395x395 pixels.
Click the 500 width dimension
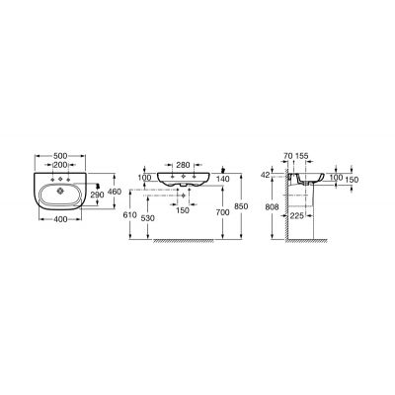[60, 156]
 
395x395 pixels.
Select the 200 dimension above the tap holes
[60, 165]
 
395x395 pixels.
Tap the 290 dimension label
[97, 195]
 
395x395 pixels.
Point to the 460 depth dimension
[115, 192]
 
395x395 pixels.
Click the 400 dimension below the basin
[60, 218]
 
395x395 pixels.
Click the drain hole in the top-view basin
[60, 191]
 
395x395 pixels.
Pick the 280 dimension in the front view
[184, 165]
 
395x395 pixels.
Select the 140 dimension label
[223, 178]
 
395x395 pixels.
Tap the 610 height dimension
[129, 215]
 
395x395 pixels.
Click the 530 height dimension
[148, 218]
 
